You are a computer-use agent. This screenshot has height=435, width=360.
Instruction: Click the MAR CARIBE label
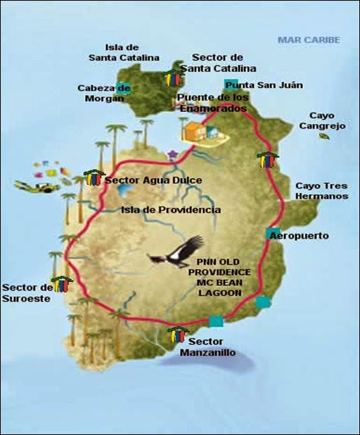click(x=309, y=39)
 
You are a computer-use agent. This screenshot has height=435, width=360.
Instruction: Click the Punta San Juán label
click(x=254, y=85)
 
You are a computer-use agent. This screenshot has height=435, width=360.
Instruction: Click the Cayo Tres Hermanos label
click(x=321, y=191)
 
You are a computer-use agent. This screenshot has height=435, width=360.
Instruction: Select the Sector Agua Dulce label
click(x=153, y=181)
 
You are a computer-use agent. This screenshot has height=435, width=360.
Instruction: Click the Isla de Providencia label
click(x=170, y=210)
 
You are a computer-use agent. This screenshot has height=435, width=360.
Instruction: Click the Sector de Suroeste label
click(x=27, y=292)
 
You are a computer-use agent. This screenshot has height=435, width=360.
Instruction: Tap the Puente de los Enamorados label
click(x=212, y=103)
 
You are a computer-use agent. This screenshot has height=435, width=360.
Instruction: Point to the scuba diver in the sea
click(x=35, y=187)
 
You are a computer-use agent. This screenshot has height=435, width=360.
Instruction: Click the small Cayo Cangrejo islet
click(x=324, y=136)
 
